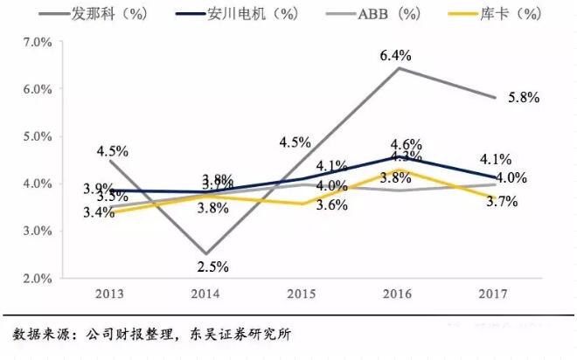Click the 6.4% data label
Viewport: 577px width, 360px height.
(395, 55)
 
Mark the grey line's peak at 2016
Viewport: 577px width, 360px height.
(399, 68)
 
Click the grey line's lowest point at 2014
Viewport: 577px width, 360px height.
(205, 254)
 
